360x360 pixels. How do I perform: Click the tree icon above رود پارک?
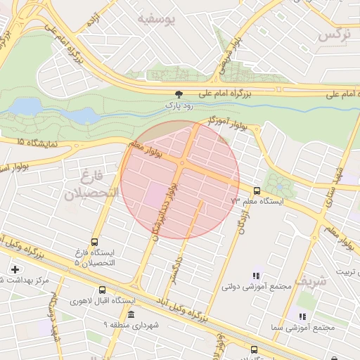pos(179,94)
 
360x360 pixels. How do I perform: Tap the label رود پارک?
pos(179,105)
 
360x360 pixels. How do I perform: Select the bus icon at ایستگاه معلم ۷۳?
pos(256,191)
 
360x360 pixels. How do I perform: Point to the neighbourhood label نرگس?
pos(334,34)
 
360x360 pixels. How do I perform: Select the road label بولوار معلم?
pos(147,148)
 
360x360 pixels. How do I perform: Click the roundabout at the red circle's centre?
pos(181,163)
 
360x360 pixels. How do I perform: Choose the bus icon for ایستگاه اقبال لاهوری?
pos(103,290)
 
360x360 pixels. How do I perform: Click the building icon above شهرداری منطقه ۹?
pos(131,314)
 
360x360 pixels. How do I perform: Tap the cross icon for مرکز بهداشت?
pos(15,269)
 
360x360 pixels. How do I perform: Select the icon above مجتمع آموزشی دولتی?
pos(256,276)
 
